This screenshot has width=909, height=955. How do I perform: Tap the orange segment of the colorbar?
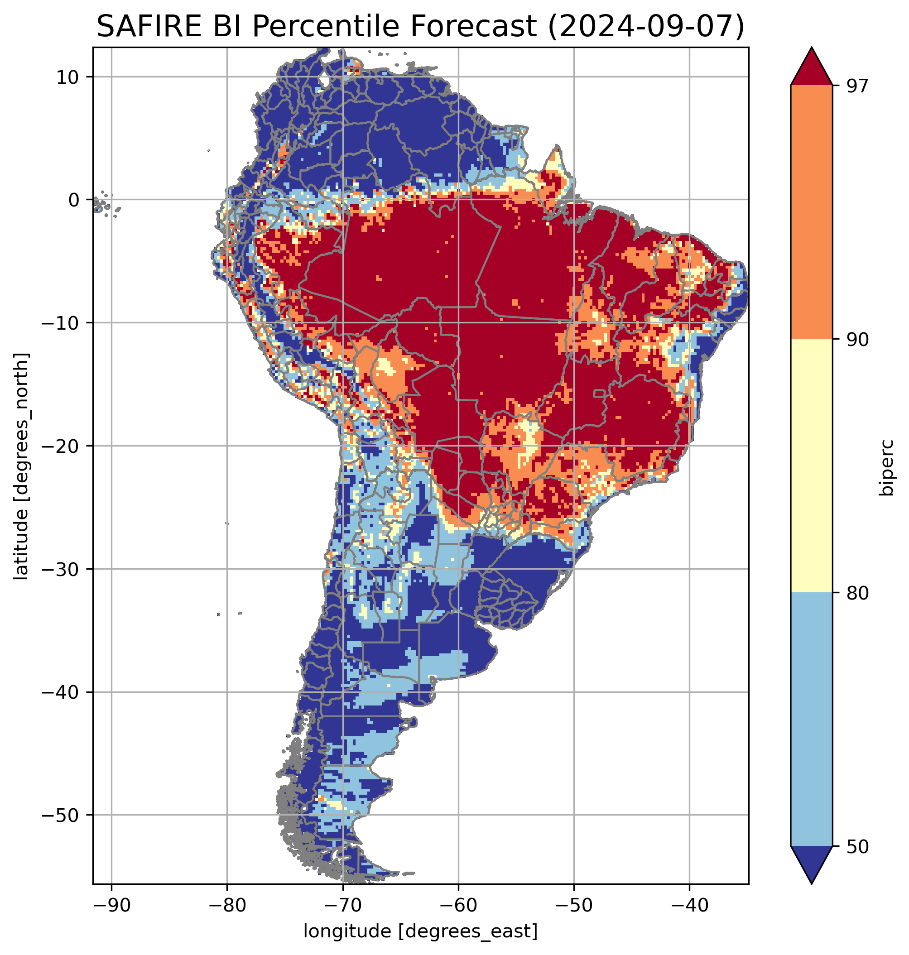pyautogui.click(x=811, y=212)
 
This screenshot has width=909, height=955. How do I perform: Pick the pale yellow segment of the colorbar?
pyautogui.click(x=811, y=465)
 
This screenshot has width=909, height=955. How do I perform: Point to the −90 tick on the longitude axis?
pyautogui.click(x=111, y=905)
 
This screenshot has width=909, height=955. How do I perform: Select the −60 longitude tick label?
pyautogui.click(x=458, y=905)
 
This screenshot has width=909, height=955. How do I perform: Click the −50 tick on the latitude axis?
pyautogui.click(x=61, y=815)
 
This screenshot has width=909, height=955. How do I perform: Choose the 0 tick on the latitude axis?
pyautogui.click(x=74, y=200)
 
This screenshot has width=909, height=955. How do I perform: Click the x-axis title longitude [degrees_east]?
pyautogui.click(x=420, y=930)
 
